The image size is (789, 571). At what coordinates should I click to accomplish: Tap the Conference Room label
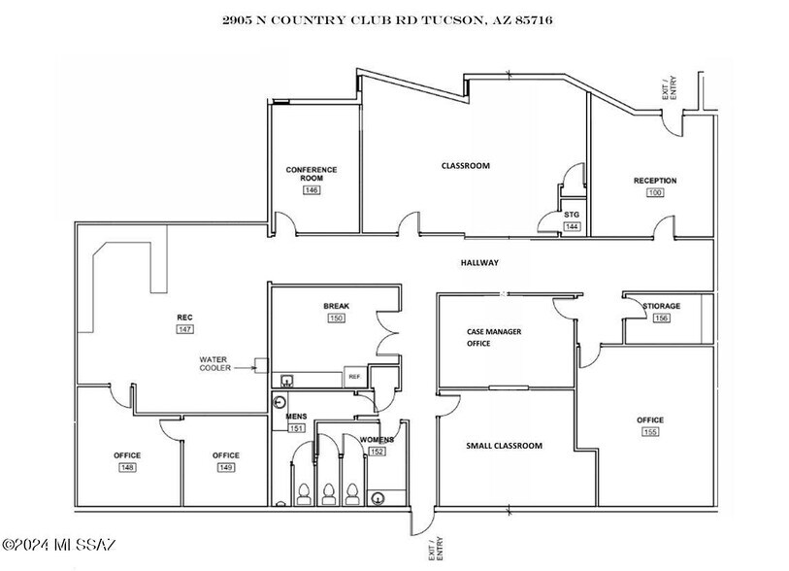pos(311,174)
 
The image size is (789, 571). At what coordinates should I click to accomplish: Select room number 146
pos(311,190)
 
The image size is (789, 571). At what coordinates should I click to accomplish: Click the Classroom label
pos(465,166)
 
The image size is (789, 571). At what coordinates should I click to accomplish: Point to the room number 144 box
pos(572,226)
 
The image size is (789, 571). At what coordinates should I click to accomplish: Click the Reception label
pos(655,181)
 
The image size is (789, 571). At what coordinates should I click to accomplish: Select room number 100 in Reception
pos(655,193)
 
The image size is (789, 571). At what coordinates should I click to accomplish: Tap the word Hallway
pos(478,263)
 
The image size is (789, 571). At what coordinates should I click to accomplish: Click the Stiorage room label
pos(661,306)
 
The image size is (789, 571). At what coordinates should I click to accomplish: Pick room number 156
pos(661,319)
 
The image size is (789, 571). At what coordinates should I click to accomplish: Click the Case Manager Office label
pos(493,337)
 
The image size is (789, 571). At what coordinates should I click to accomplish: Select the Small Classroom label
pos(504,446)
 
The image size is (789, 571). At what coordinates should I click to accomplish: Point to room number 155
pos(649,431)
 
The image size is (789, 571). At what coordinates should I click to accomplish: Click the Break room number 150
pos(336,318)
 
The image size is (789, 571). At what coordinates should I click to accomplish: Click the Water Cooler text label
pos(215,363)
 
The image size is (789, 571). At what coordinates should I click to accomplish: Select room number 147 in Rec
pos(183,330)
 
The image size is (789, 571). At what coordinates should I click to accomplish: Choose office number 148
pos(126,468)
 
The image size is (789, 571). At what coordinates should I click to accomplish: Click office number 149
pos(225,468)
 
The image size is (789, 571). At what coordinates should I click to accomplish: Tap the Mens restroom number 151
pos(296,428)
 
